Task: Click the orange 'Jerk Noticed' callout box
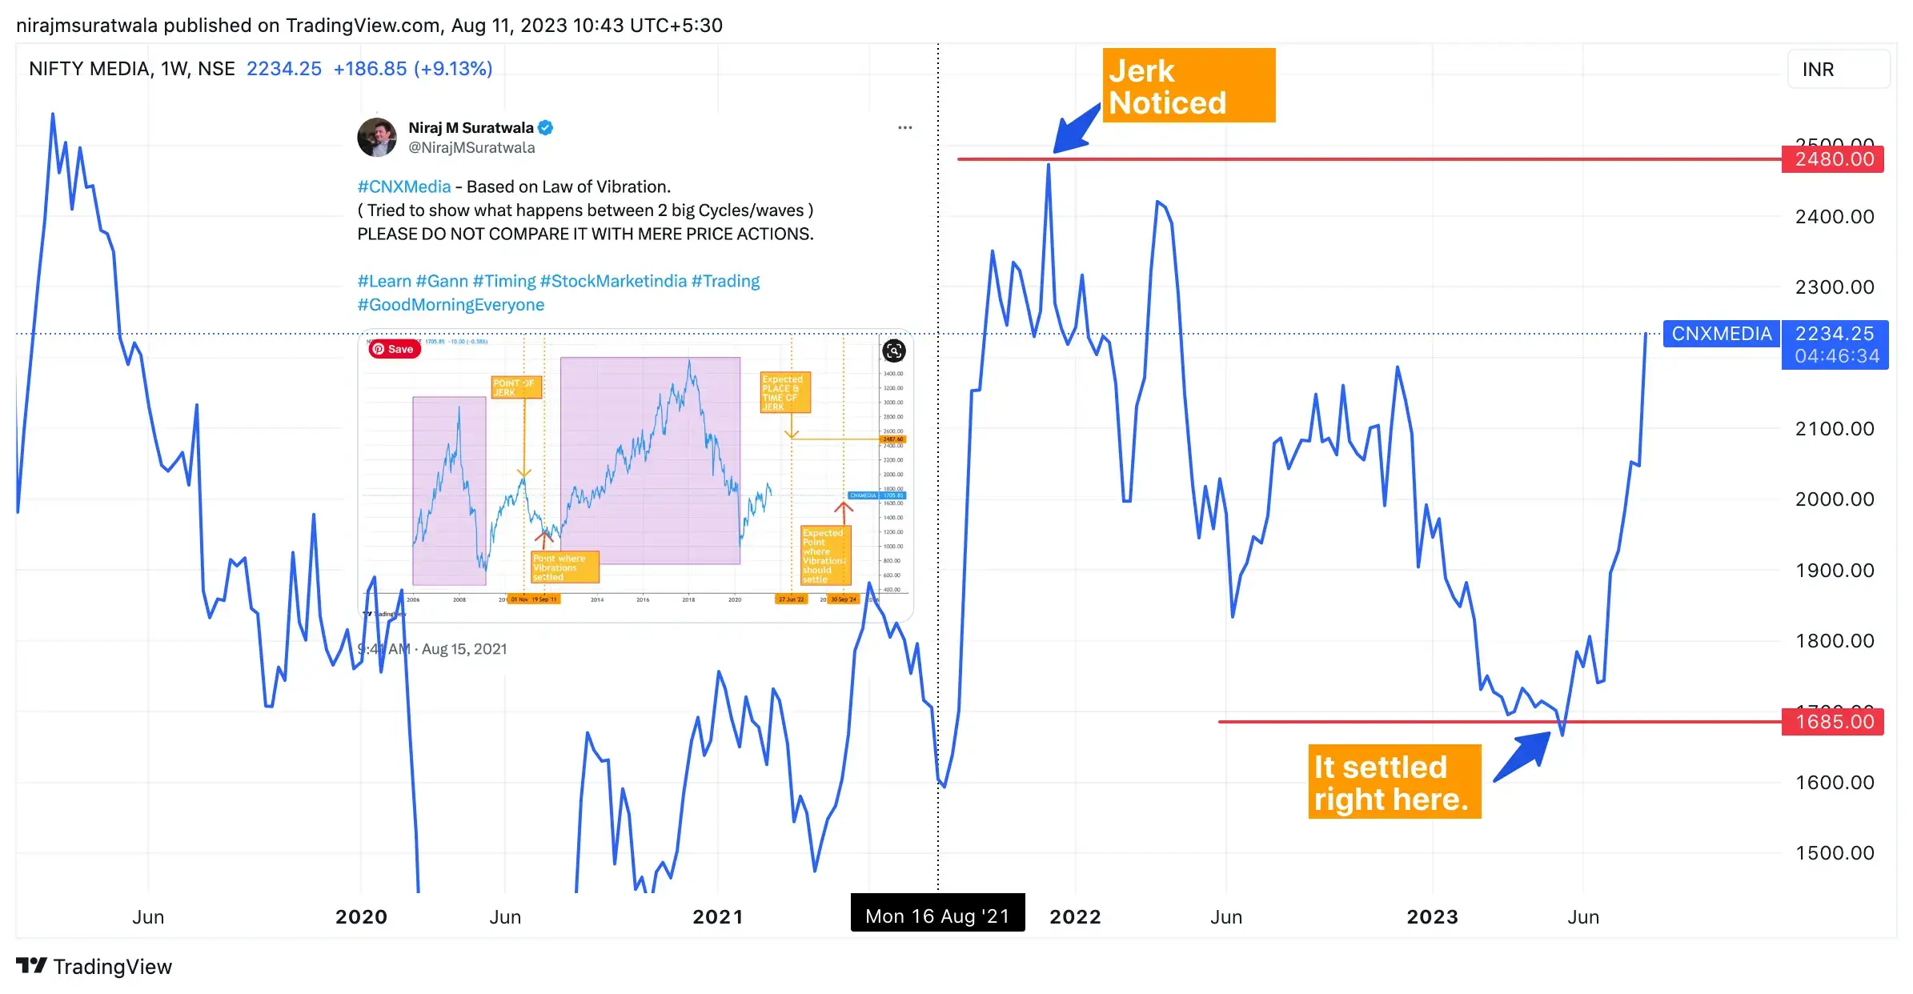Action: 1188,86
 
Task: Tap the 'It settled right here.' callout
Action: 1394,782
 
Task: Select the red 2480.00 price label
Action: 1833,159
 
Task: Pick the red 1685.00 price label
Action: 1833,722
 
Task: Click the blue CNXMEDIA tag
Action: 1721,334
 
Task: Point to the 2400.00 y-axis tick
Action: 1834,217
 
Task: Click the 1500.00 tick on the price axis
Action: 1834,853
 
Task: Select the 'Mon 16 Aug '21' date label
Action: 937,916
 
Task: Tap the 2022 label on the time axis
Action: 1075,917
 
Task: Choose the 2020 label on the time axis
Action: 361,917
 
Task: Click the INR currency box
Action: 1838,70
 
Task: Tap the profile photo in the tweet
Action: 377,137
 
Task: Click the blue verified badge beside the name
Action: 546,128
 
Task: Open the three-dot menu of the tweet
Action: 904,128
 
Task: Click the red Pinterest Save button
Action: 394,349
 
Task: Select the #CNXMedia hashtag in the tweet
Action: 404,187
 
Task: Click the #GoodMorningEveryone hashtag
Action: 451,305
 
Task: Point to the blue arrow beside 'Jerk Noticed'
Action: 1075,129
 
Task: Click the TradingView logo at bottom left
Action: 94,967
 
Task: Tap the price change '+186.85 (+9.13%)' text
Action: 412,69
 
